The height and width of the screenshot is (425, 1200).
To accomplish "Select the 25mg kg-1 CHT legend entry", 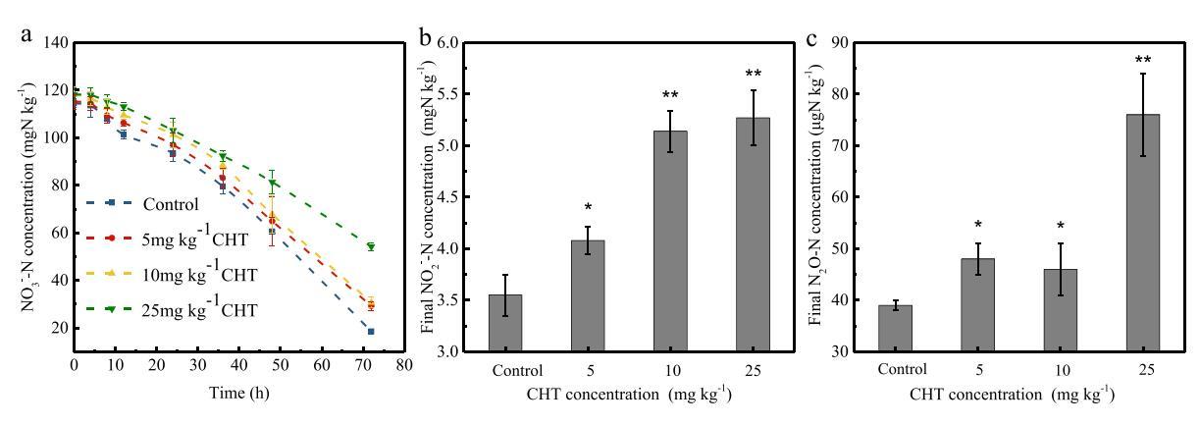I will click(x=199, y=310).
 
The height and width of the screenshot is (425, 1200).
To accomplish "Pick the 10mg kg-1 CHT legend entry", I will click(x=199, y=276).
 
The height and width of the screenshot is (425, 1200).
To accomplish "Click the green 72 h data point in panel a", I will click(x=371, y=246).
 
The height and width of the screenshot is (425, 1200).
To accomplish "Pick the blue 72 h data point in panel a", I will click(x=371, y=332).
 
